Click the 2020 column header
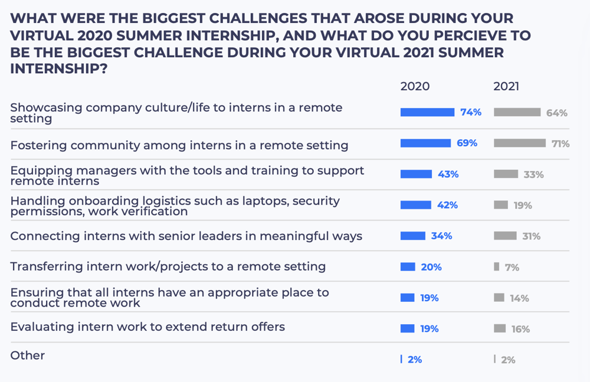pyautogui.click(x=415, y=87)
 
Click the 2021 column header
pyautogui.click(x=506, y=87)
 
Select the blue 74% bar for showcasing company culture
pyautogui.click(x=427, y=112)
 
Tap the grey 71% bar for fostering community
pyautogui.click(x=520, y=143)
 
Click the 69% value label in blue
pyautogui.click(x=467, y=143)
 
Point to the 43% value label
pyautogui.click(x=448, y=174)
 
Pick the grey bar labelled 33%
pyautogui.click(x=506, y=174)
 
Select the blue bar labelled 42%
pyautogui.click(x=416, y=205)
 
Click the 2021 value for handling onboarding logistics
pyautogui.click(x=522, y=206)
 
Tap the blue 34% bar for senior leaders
pyautogui.click(x=413, y=236)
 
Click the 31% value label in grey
pyautogui.click(x=531, y=236)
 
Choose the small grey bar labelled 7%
pyautogui.click(x=497, y=267)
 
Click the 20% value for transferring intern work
pyautogui.click(x=431, y=267)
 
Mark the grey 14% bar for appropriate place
pyautogui.click(x=499, y=298)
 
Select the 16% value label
pyautogui.click(x=520, y=330)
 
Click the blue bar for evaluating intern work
pyautogui.click(x=408, y=328)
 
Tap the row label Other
pyautogui.click(x=28, y=355)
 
